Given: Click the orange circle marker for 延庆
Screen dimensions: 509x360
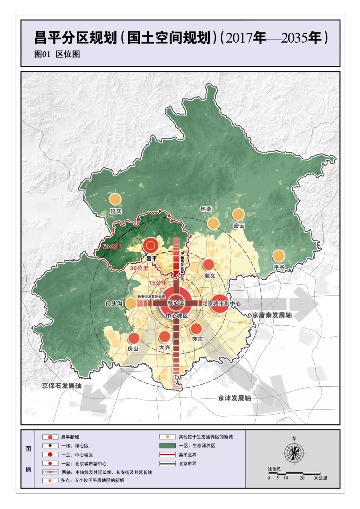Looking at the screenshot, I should point(115,199).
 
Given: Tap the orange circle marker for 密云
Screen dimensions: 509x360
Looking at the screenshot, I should point(238,214).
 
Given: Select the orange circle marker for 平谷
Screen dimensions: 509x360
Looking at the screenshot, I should point(278,256).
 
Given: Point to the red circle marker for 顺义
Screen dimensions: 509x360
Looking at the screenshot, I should point(209,265).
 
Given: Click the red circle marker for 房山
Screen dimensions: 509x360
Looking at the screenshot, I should point(134,338).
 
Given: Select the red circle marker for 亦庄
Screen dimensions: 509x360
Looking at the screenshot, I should point(196,328).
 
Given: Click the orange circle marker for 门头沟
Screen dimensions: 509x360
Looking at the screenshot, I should point(131,303).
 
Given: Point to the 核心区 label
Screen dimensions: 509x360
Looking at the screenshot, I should point(176,303).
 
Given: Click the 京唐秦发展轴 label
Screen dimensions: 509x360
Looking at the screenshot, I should point(272,315).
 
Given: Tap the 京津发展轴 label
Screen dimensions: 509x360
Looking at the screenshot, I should point(234,398).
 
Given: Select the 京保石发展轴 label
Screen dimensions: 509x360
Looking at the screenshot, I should point(62,386).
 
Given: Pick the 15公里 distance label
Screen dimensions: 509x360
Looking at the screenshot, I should point(158,283).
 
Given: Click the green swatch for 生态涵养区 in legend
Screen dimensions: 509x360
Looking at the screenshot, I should point(168,446).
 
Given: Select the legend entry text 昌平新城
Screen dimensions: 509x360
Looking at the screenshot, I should point(70,437).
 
